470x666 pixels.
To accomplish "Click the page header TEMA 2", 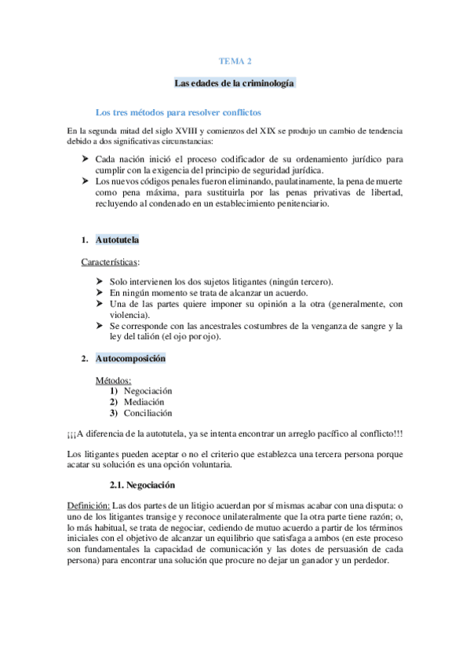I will coord(235,60).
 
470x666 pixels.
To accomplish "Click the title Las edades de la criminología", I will coord(235,82).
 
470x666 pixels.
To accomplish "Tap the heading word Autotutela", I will coord(118,240).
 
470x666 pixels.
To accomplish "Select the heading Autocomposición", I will coord(130,359).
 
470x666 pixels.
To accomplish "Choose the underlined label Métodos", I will coord(114,380).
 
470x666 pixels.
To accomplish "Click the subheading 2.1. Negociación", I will coord(142,485).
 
